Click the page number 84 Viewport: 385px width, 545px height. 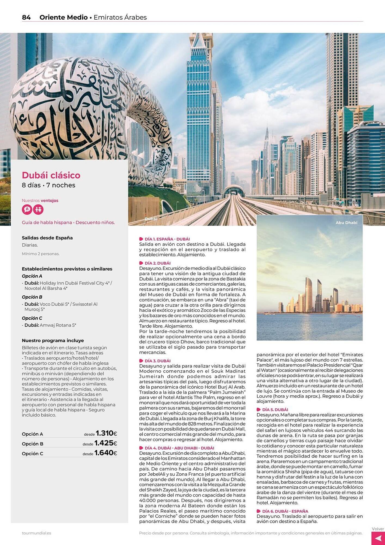[x=26, y=17]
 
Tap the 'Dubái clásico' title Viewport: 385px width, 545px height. [x=51, y=175]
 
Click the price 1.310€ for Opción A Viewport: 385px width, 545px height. [x=106, y=433]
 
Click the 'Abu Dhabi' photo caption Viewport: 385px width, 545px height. [x=346, y=223]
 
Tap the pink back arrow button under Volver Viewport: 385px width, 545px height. [x=378, y=538]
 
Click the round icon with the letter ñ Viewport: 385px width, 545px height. [x=27, y=210]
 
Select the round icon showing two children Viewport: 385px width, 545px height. [x=38, y=210]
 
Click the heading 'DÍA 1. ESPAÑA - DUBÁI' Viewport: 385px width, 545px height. [x=167, y=239]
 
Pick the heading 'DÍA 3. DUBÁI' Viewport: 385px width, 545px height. [x=157, y=361]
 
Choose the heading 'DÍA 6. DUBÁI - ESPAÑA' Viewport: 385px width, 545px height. [x=285, y=511]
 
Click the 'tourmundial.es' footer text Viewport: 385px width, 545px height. [x=36, y=533]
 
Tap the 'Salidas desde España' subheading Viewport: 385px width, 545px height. [x=47, y=238]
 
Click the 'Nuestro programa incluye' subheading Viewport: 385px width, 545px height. [x=53, y=341]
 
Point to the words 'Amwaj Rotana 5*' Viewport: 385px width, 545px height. [x=58, y=325]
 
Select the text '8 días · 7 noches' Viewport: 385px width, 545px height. [x=48, y=185]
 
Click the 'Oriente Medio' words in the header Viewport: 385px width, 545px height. [x=63, y=17]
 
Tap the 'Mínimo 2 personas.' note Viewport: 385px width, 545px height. [x=41, y=254]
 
